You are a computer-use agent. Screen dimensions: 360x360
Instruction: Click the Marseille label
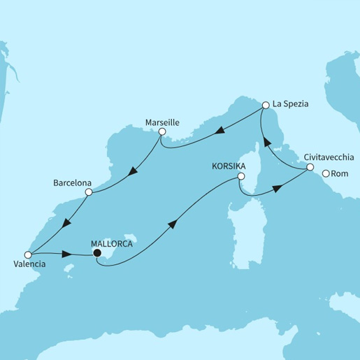click(x=162, y=122)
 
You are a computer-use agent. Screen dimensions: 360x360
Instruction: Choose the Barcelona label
click(x=73, y=183)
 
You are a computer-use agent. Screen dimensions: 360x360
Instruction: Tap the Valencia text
click(x=29, y=266)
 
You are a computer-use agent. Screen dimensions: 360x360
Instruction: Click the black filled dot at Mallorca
click(x=97, y=254)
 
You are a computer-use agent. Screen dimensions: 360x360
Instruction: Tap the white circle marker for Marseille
click(x=161, y=131)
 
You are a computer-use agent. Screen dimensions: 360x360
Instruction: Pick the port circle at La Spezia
click(x=266, y=106)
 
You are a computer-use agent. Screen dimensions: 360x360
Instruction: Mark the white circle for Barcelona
click(x=88, y=192)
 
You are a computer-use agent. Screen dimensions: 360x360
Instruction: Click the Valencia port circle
click(x=28, y=254)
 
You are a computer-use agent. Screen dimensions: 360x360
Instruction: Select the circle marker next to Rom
click(x=326, y=174)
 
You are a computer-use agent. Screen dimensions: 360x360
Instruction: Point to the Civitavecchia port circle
click(x=310, y=167)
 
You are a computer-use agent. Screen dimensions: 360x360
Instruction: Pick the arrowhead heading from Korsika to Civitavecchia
click(x=278, y=187)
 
